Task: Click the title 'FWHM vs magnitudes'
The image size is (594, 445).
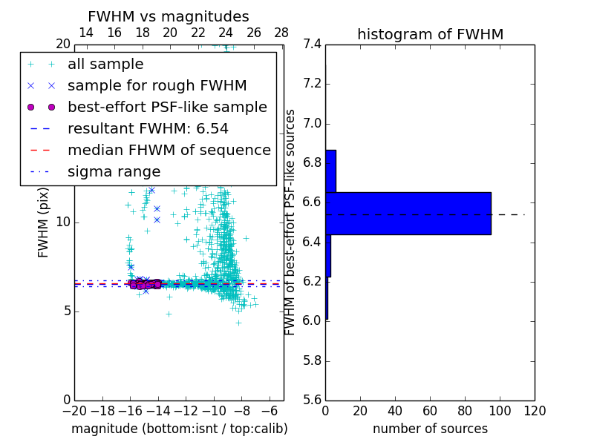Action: coord(168,16)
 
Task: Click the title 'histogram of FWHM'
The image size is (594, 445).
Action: coord(430,34)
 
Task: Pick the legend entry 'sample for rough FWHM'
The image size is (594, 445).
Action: coord(157,85)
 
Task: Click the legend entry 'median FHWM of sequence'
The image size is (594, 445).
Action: coord(169,150)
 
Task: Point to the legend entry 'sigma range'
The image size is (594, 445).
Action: coord(114,171)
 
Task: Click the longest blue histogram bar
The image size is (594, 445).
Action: coord(408,214)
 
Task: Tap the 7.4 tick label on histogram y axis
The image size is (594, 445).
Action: coord(312,44)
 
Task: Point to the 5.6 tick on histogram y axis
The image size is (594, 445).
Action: coord(312,400)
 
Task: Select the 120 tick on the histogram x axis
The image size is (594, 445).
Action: coord(535,411)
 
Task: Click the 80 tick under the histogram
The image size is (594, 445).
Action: coord(465,411)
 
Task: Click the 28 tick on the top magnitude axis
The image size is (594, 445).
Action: coord(281,33)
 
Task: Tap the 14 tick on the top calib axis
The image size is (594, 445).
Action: coord(85,33)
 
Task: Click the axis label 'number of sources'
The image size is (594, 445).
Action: coord(430,429)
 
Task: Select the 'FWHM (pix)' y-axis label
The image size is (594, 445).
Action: coord(44,222)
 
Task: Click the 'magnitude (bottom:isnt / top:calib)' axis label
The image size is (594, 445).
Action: coord(179,429)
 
